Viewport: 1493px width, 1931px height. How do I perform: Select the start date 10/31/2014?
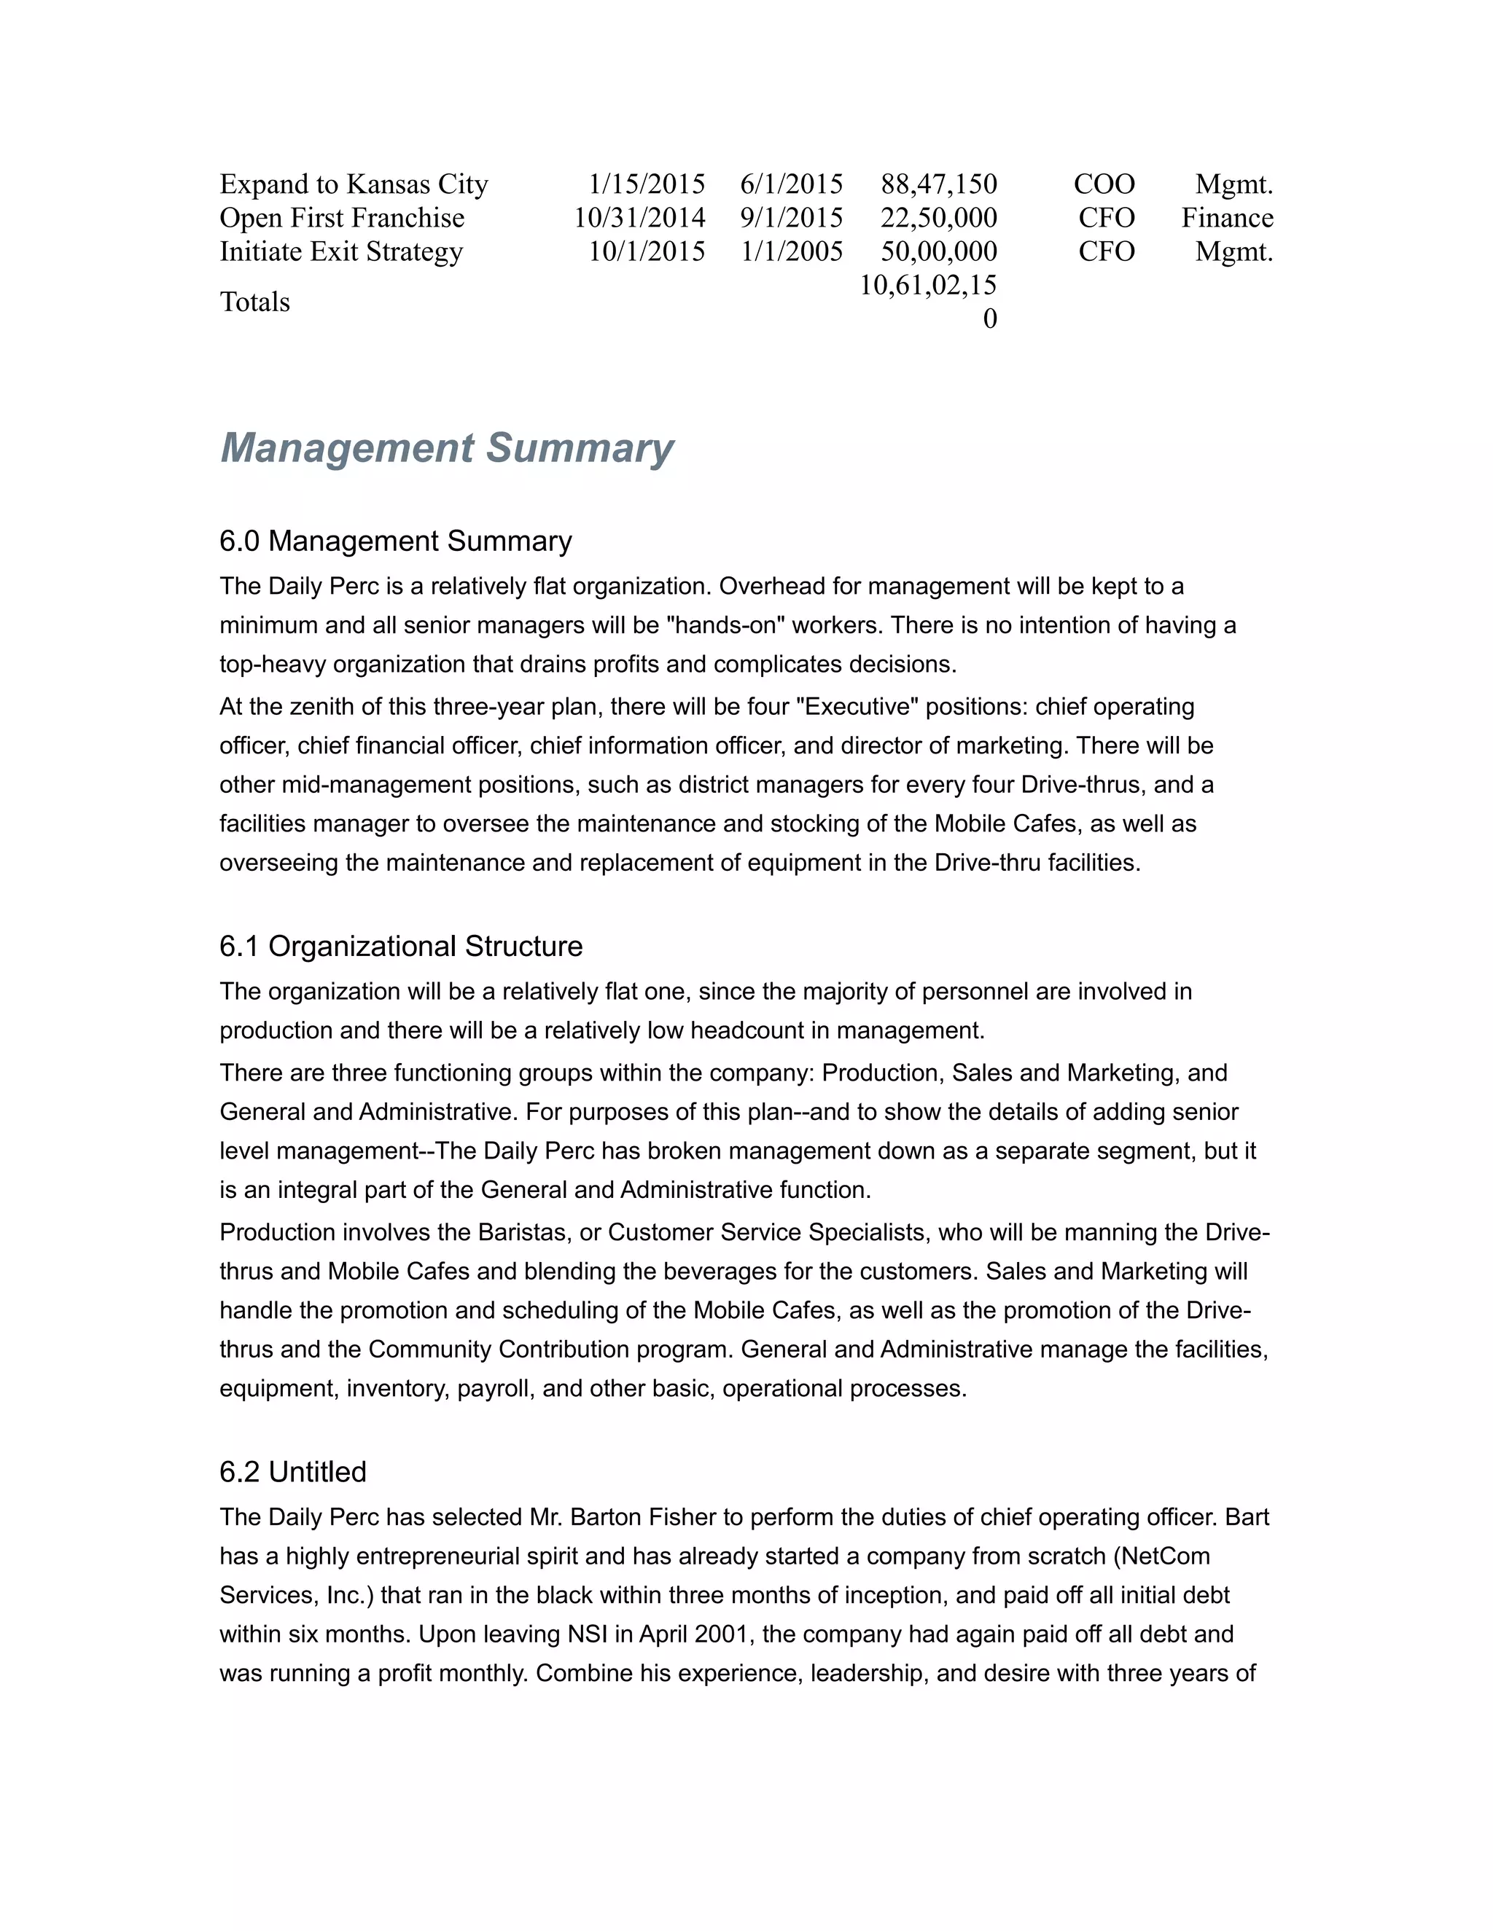coord(639,217)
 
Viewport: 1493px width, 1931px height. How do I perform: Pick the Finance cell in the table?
coord(1227,217)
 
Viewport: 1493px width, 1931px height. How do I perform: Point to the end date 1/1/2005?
coord(792,251)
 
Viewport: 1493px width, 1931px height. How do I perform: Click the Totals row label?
coord(254,302)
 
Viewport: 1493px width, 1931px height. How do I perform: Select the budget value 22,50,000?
coord(938,217)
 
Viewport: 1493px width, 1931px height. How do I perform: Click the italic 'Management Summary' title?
coord(447,447)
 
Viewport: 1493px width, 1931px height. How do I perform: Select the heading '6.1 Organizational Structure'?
coord(401,946)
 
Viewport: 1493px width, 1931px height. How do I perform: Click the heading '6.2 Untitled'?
coord(293,1471)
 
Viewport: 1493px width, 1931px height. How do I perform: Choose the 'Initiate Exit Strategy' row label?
coord(341,251)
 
